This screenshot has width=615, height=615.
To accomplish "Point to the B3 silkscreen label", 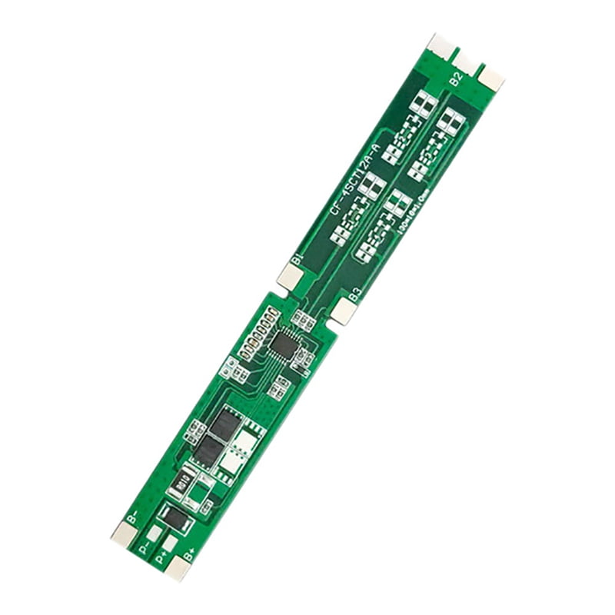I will coord(354,293).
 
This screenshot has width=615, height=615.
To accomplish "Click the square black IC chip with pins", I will coord(284,344).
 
